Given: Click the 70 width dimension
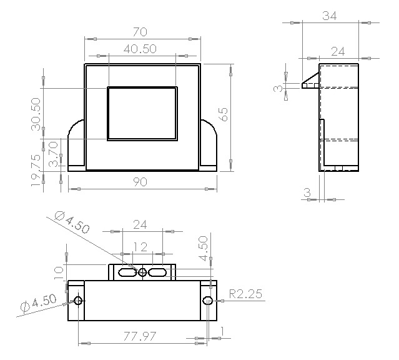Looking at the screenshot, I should coord(142,31).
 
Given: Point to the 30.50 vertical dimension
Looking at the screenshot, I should coord(36,114).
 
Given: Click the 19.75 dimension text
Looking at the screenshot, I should coord(36,171).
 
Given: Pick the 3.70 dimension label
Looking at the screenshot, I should coord(54,153).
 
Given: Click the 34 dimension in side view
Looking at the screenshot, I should coord(330,16).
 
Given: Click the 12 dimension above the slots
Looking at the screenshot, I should coord(142,247).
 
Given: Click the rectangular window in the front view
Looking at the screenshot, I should coord(142,113).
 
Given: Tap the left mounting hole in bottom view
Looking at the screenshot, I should coord(78,301).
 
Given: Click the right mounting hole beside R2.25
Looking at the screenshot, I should coord(208,301).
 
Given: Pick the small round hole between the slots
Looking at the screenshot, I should coord(142,272).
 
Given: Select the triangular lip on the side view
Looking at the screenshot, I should coord(310,83).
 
